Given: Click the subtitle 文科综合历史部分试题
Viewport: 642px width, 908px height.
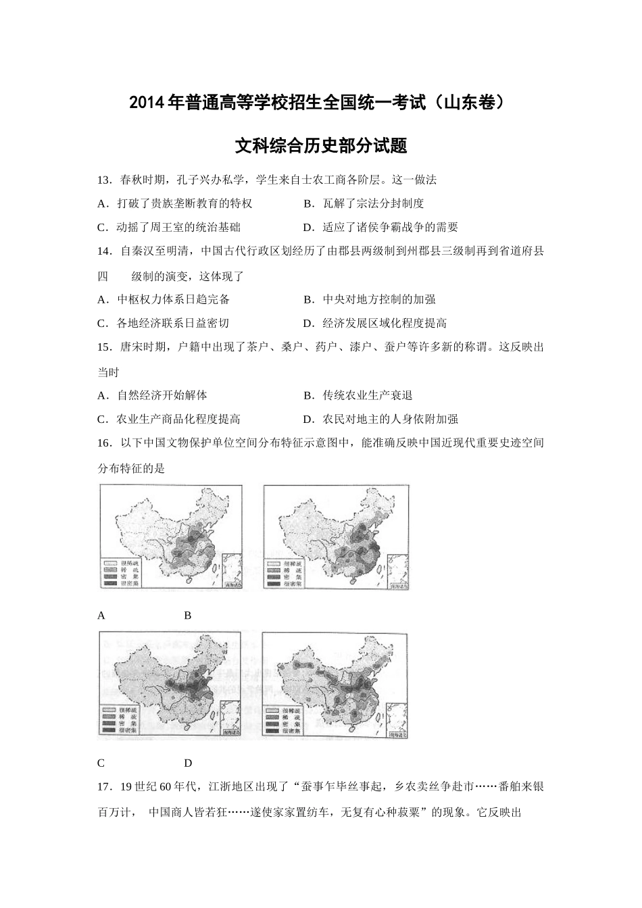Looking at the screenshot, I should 320,145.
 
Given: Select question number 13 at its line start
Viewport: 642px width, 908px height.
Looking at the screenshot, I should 105,180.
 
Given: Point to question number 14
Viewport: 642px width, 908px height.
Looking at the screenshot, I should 105,251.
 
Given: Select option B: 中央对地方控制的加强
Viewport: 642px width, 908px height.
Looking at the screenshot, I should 369,299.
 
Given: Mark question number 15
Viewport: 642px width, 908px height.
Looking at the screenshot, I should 105,347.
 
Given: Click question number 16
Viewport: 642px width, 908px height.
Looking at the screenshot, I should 105,443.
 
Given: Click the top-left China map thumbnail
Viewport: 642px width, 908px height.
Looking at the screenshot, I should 170,538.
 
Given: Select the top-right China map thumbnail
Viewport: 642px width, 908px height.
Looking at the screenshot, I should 336,538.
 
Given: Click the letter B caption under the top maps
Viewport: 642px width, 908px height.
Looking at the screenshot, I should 188,615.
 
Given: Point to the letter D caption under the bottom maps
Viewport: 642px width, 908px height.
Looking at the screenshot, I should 188,763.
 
